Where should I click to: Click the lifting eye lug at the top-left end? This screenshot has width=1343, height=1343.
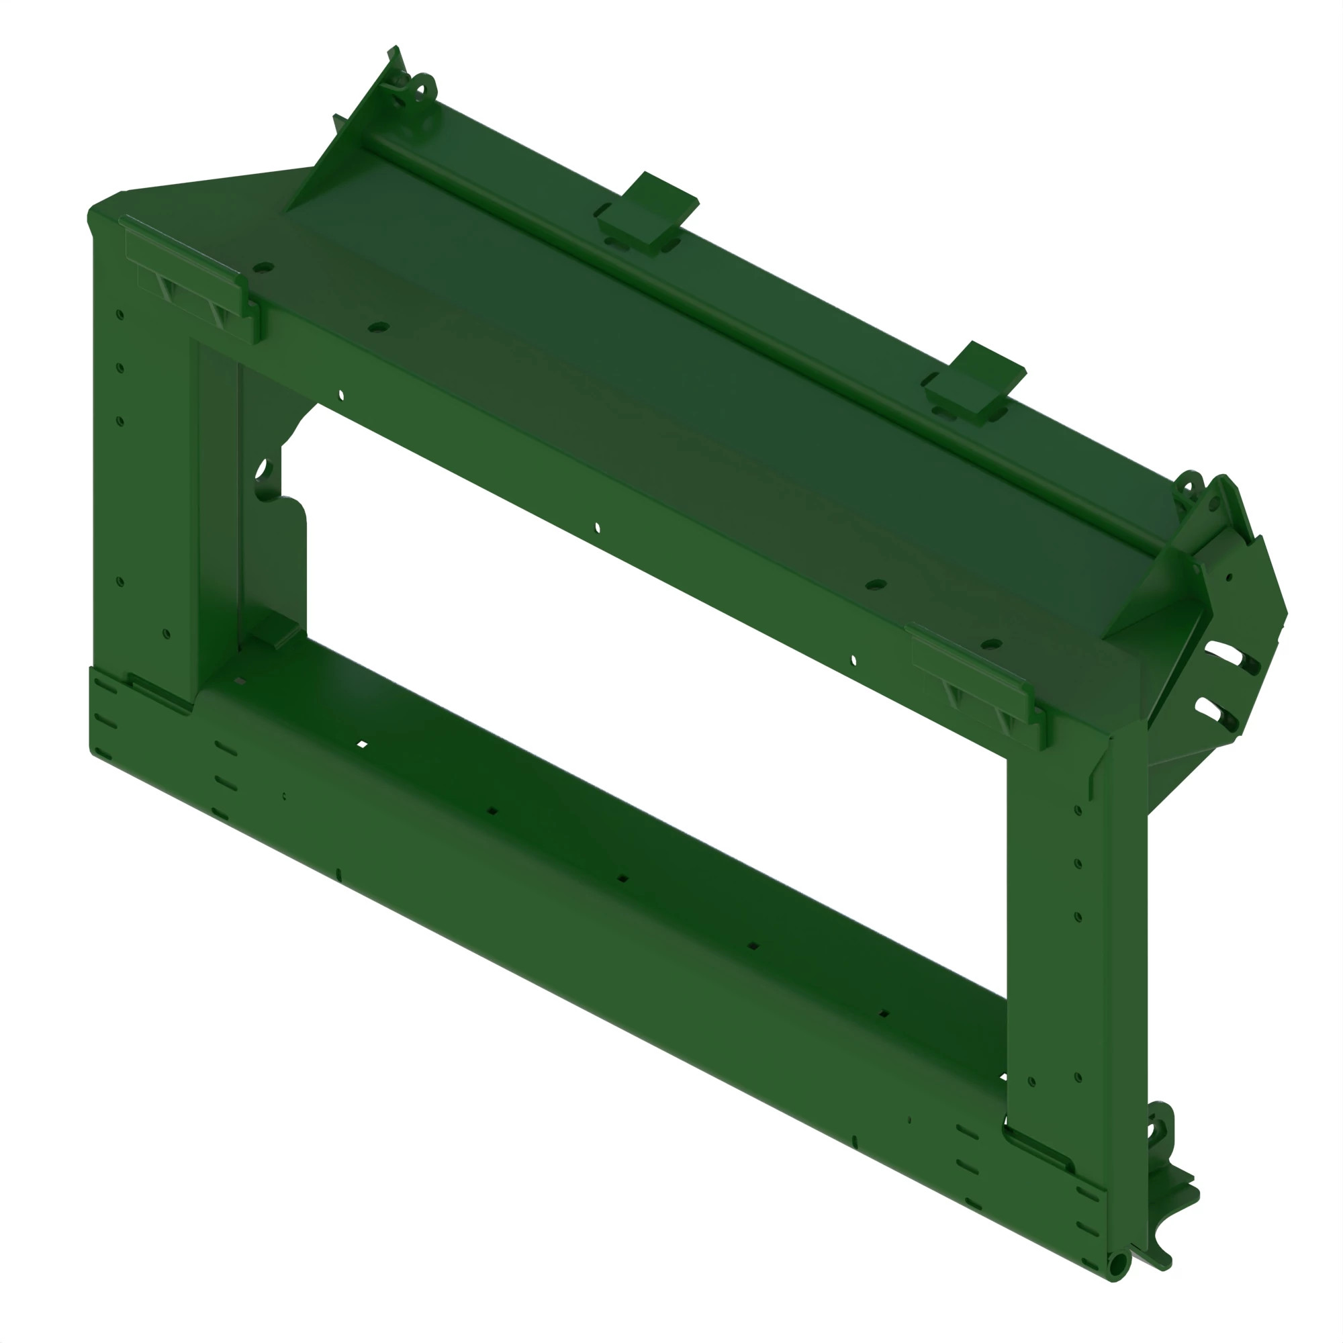422,88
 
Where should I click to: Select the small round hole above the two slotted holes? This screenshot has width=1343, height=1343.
1230,577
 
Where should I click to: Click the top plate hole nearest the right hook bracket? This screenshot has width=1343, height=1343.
991,644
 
